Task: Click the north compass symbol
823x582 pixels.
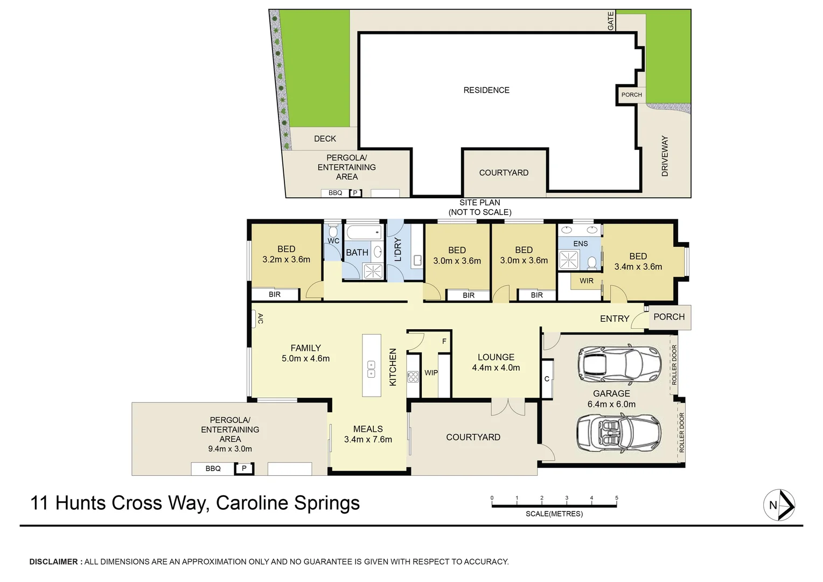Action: (x=779, y=505)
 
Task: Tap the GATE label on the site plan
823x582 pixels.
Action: (x=610, y=21)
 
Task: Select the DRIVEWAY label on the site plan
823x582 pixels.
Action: (x=665, y=156)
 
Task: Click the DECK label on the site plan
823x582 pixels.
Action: (x=325, y=138)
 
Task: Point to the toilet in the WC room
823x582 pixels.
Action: (x=333, y=231)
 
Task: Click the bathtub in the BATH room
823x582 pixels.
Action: (x=364, y=232)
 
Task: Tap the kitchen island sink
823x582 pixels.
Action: (x=371, y=369)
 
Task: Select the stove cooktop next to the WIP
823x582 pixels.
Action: (x=413, y=377)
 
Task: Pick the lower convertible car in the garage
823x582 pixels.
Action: (x=618, y=433)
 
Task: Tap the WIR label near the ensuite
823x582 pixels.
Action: (x=587, y=281)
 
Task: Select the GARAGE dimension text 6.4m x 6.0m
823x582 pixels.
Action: (x=611, y=404)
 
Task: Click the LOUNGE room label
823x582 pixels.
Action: (x=496, y=357)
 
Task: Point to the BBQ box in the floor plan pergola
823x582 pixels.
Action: (x=213, y=468)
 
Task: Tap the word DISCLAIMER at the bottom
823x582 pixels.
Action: (x=53, y=562)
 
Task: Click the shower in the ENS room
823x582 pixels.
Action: (x=568, y=260)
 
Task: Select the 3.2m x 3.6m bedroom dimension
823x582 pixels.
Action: (x=286, y=259)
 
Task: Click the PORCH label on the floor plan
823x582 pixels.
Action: (x=669, y=317)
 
